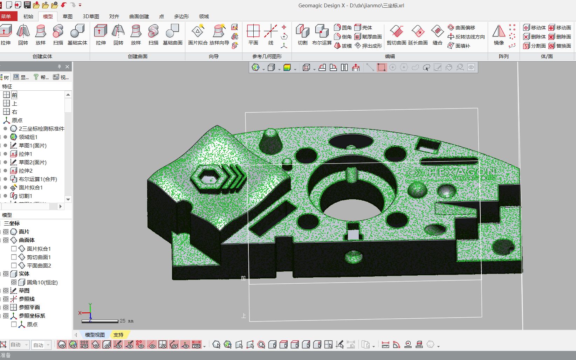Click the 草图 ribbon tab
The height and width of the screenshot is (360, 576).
[67, 16]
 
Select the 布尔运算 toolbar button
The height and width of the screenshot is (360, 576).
[322, 35]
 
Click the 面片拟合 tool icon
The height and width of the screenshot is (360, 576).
[198, 35]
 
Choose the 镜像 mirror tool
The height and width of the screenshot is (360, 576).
[499, 35]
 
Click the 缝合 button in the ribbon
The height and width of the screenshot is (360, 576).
[437, 35]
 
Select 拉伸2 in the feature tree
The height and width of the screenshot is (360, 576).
[25, 171]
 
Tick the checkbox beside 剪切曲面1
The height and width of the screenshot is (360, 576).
[14, 257]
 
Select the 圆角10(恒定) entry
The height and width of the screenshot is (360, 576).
[42, 282]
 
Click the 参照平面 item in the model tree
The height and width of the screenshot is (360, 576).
[29, 307]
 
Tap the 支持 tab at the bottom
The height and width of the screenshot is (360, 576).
[118, 335]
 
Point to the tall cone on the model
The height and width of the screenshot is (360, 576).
[271, 140]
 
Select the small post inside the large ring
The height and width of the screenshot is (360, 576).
[351, 174]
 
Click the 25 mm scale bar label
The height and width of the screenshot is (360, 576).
[126, 321]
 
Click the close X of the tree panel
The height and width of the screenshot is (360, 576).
[67, 67]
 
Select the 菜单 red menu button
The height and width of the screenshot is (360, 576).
[6, 16]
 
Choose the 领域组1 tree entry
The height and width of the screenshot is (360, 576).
[28, 137]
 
